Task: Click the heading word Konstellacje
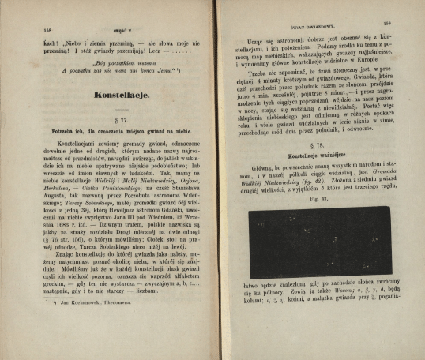tap(122, 95)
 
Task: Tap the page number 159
tap(388, 24)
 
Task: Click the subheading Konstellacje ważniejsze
tap(318, 158)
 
